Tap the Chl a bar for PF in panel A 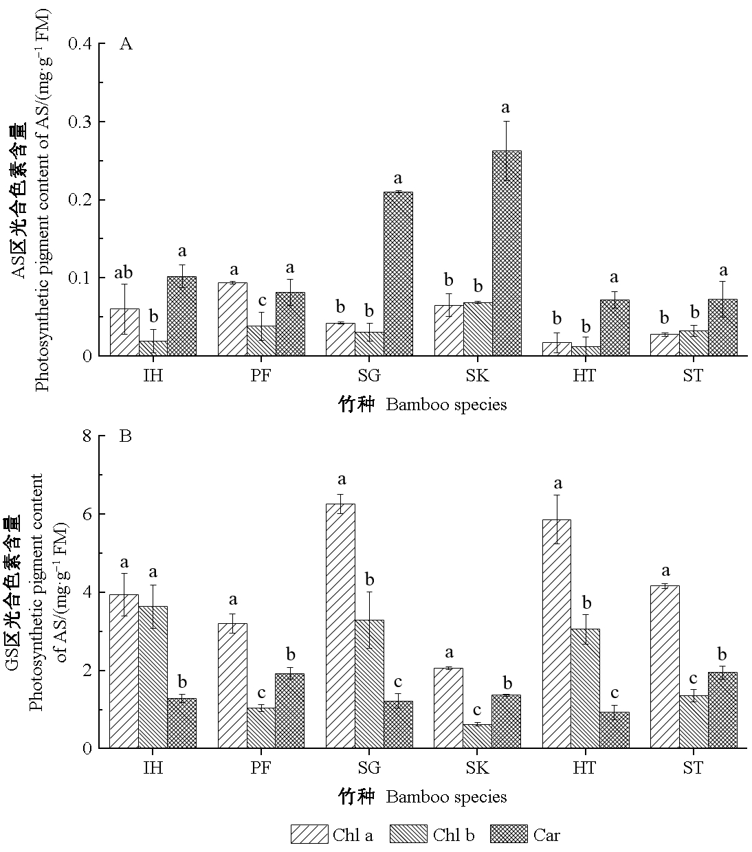tap(232, 319)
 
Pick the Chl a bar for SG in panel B tap(340, 625)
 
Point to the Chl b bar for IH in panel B tap(153, 677)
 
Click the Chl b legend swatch tap(408, 834)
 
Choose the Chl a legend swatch tap(309, 834)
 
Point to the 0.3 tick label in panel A tap(82, 122)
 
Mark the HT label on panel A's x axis tap(585, 376)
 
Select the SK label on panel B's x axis tap(477, 767)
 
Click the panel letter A tap(126, 44)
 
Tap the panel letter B tap(126, 436)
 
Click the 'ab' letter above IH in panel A tap(124, 270)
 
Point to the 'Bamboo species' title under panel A tap(446, 405)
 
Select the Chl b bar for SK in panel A tap(478, 328)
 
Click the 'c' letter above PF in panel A tap(262, 300)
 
